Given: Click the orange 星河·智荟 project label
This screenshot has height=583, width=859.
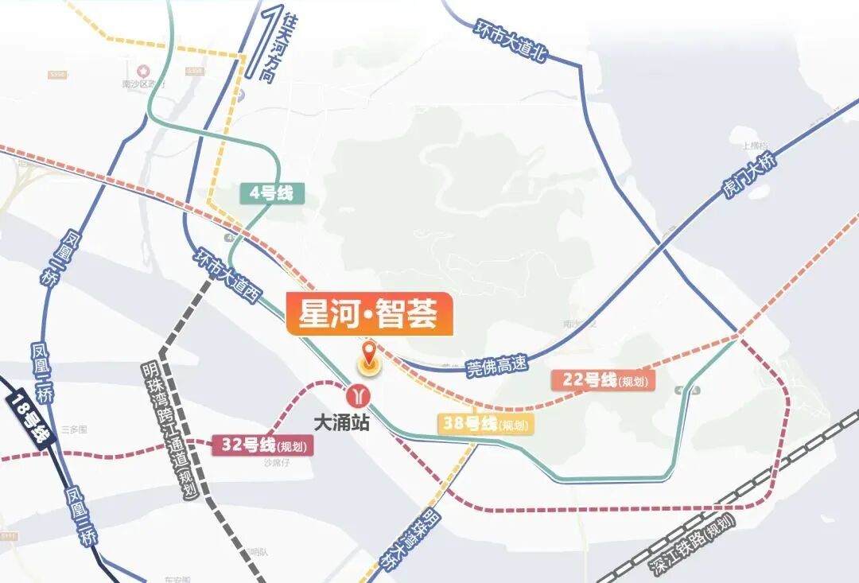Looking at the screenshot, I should coord(368,313).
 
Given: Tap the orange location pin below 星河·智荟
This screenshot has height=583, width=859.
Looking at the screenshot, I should coord(369,360).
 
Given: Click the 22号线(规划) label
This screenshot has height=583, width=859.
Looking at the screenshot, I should coord(604,380).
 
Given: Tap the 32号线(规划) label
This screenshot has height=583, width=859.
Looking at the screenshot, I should coord(262,445).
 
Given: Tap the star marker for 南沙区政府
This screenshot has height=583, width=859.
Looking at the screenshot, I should coord(144,70).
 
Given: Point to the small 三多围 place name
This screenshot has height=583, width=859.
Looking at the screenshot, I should coord(73,429).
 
